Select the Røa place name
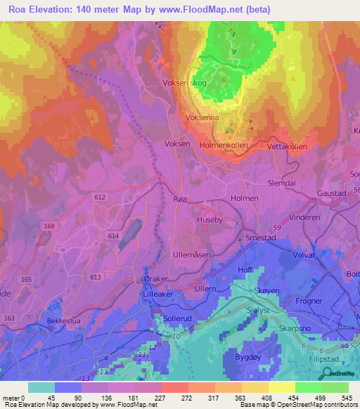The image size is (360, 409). point(181,200)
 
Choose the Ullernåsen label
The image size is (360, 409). point(191,255)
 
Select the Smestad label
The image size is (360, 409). point(260,238)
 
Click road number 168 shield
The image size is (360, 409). point(49,226)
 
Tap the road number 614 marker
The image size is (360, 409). point(113,236)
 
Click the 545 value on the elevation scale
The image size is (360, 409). point(345,397)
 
